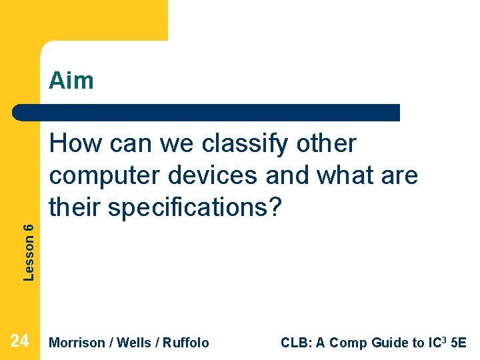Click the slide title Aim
pos(71,81)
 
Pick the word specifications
pos(187,208)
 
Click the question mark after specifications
pos(276,207)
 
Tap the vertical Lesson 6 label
pos(29,251)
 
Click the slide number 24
pos(20,341)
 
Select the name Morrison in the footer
pos(77,343)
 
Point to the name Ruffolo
pos(185,343)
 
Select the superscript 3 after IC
pos(444,339)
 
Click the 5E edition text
pos(459,343)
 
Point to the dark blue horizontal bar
pos(207,112)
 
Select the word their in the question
pos(75,208)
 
